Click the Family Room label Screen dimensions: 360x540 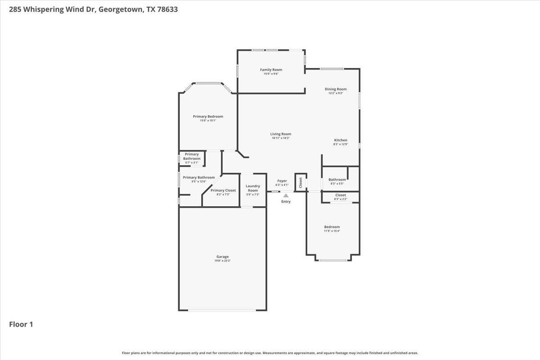271,70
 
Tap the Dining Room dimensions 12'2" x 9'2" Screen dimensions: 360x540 336,93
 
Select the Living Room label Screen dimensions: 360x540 280,134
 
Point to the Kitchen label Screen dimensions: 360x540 340,140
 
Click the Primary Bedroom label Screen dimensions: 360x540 208,117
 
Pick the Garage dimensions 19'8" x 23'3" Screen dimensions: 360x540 222,261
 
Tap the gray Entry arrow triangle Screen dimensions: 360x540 286,195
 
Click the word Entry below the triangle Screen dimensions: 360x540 286,202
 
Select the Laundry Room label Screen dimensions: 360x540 252,188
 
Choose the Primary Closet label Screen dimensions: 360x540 223,190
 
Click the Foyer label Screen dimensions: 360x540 282,181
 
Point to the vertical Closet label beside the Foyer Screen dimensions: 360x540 301,182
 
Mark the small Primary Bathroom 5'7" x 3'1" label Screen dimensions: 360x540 192,157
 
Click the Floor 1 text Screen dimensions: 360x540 21,324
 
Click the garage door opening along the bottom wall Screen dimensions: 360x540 222,310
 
